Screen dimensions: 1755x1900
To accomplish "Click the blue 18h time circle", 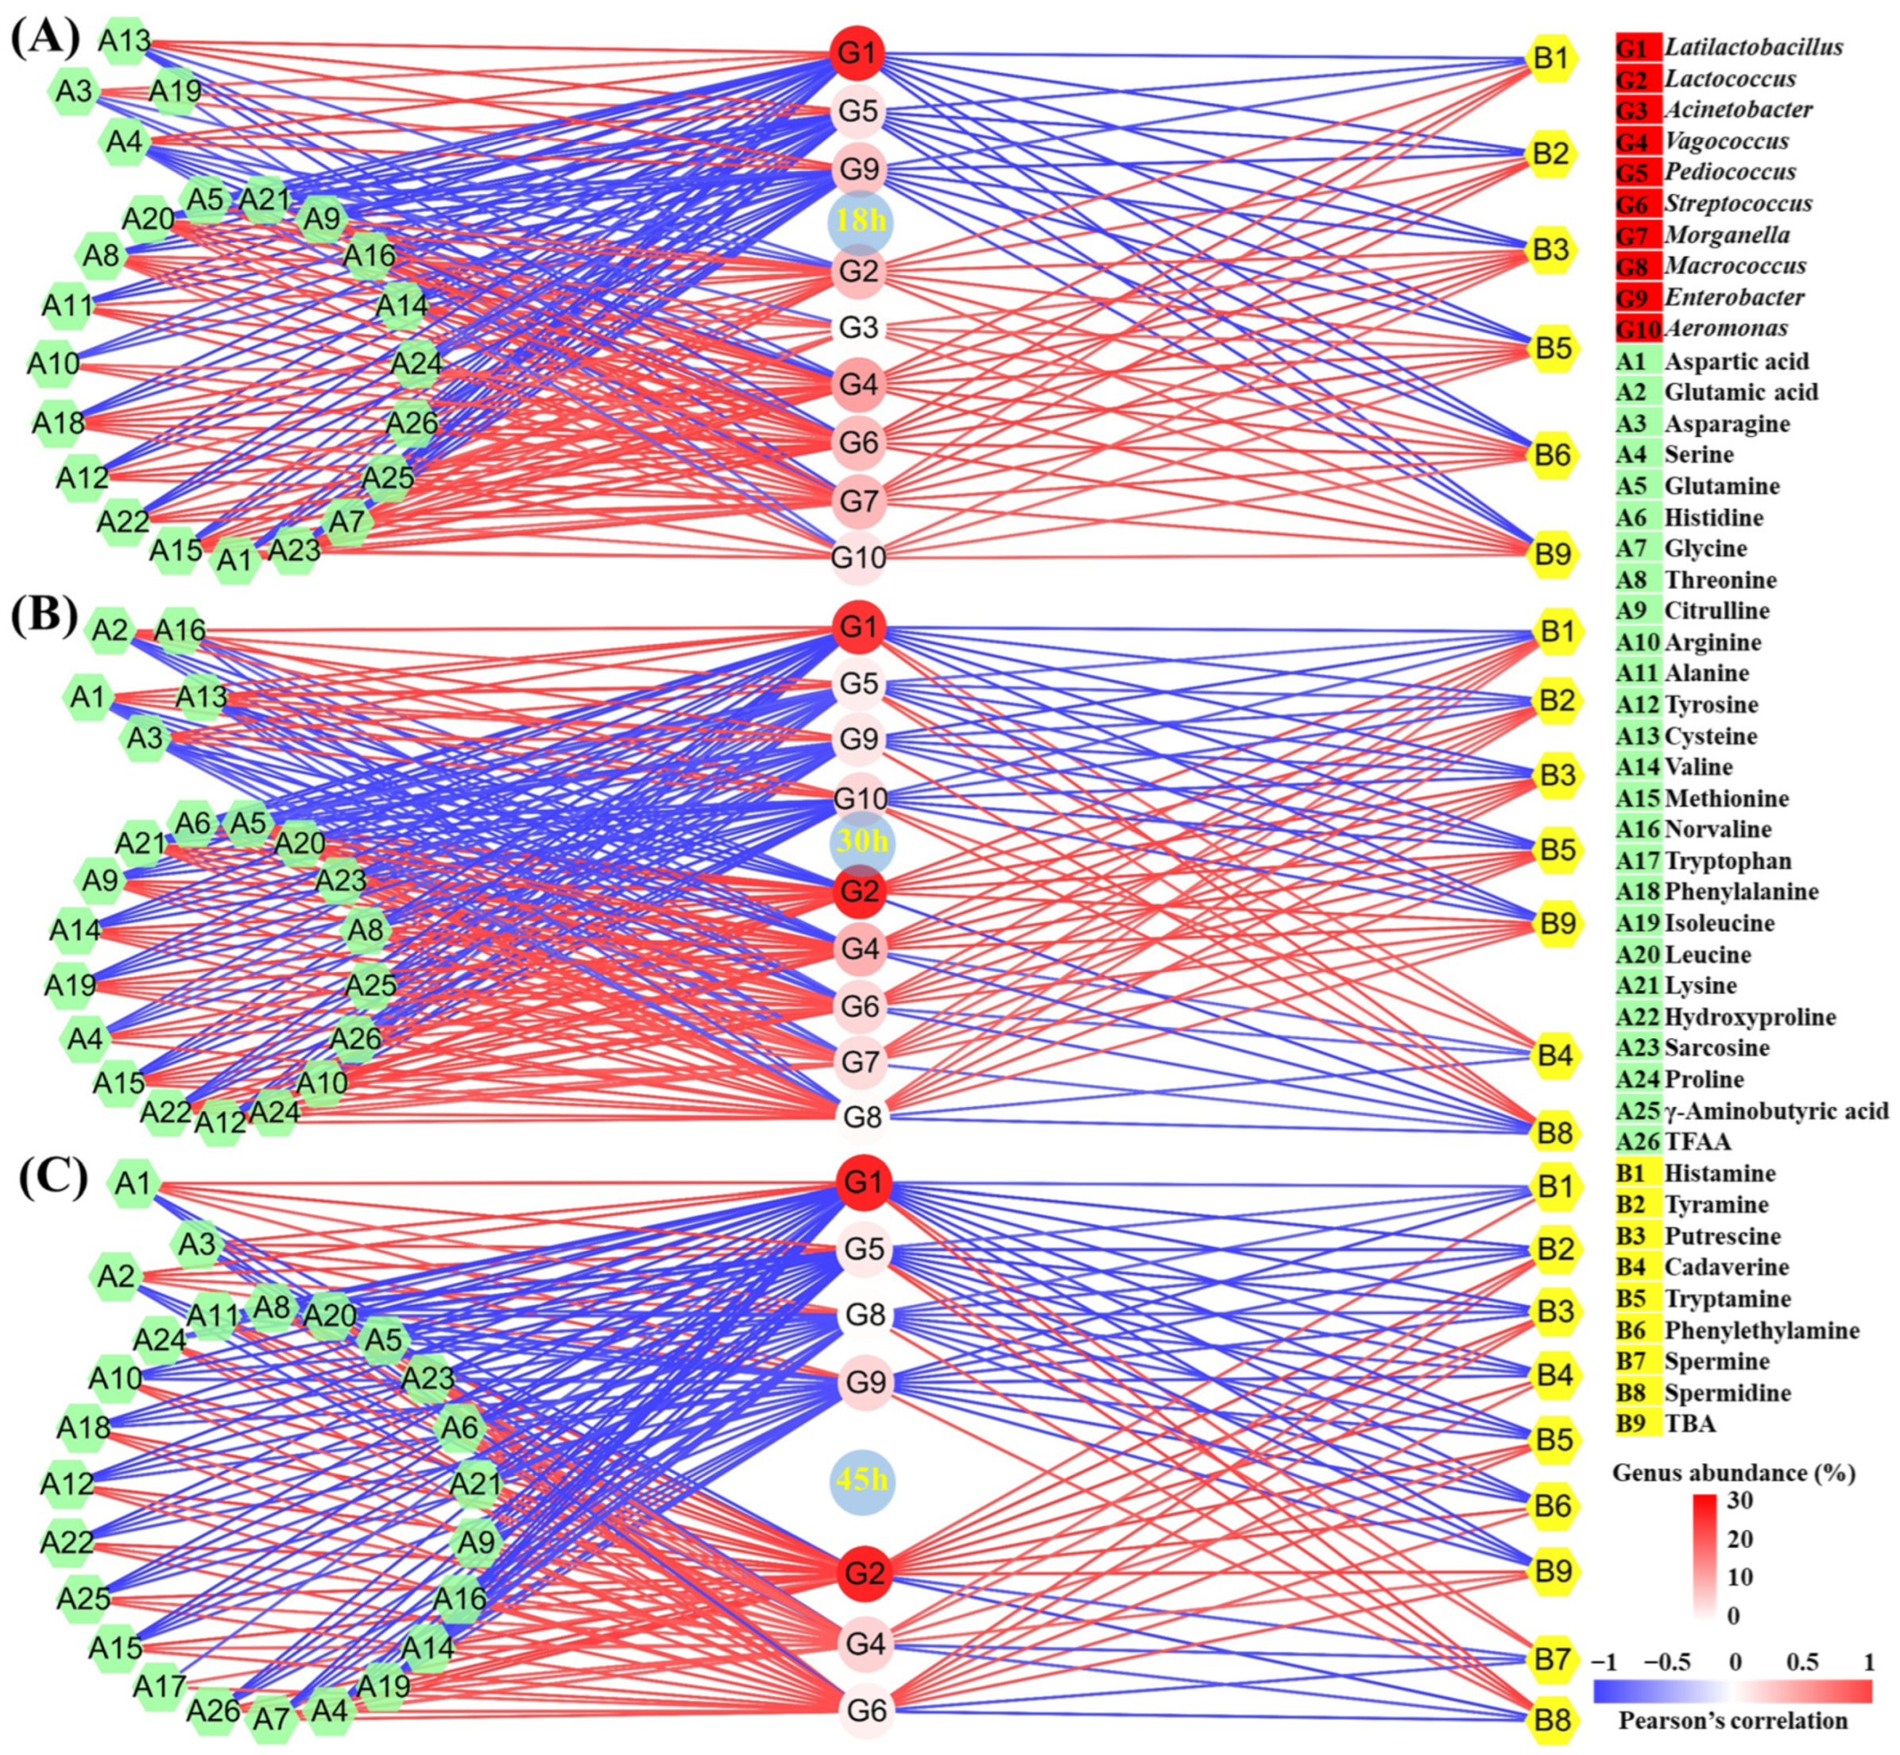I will click(x=859, y=220).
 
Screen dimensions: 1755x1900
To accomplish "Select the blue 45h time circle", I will click(x=862, y=1481).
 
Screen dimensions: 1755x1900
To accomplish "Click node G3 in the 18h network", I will click(x=858, y=328).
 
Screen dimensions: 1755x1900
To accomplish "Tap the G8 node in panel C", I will click(x=865, y=1315).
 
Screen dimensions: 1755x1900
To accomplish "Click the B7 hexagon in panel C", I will click(x=1554, y=1659).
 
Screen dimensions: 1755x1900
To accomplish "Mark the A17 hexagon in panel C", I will click(x=160, y=1687).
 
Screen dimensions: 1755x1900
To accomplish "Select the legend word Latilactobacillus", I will click(x=1754, y=47).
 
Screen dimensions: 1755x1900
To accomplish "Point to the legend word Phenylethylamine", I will click(x=1762, y=1331).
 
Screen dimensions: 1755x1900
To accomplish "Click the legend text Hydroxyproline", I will click(x=1750, y=1017).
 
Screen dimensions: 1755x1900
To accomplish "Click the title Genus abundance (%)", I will click(x=1734, y=1473).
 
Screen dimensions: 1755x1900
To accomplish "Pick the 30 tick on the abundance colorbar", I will click(x=1740, y=1501).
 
